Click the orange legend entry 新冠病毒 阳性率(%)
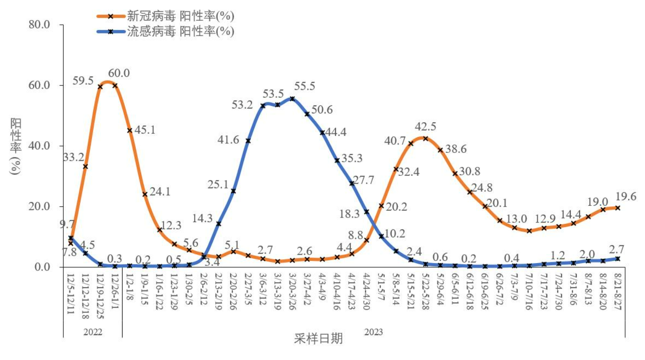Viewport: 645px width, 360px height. (x=166, y=16)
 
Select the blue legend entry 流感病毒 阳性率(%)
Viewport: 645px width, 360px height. (x=166, y=31)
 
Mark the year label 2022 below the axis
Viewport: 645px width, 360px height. (x=93, y=332)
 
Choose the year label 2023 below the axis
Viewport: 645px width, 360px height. (x=374, y=332)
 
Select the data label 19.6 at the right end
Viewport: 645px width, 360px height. (x=626, y=196)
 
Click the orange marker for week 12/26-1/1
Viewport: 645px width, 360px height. (x=115, y=85)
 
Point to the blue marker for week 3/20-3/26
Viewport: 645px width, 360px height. (x=292, y=99)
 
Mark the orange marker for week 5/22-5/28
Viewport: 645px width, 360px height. (x=425, y=138)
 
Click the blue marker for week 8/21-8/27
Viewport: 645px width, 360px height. (x=617, y=259)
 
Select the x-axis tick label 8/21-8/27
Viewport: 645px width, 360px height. (x=617, y=294)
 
